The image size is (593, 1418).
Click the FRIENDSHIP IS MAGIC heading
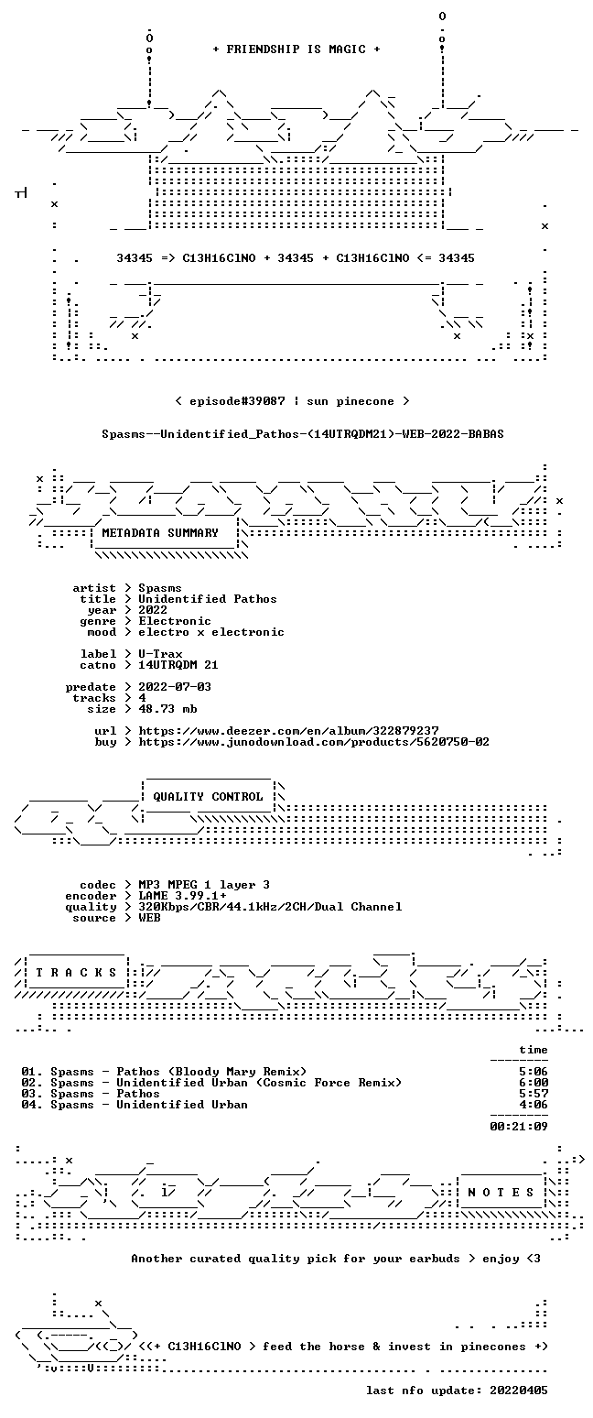(x=296, y=49)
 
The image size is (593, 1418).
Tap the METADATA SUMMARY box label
(x=160, y=533)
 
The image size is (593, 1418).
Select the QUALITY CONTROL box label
(x=208, y=797)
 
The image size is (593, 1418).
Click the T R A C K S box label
(x=77, y=972)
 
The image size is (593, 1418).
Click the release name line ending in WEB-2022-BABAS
(x=303, y=434)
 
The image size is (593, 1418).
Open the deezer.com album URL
(x=288, y=731)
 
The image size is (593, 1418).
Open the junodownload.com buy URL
(x=314, y=742)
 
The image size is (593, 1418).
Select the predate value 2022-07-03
(x=175, y=687)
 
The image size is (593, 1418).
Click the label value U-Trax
(x=160, y=654)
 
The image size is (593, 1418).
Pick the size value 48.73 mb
(x=167, y=709)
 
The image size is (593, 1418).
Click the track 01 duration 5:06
(x=533, y=1072)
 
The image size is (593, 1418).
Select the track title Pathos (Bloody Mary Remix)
(x=211, y=1072)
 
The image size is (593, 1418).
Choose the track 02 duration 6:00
(x=533, y=1083)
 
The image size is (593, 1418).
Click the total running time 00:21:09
(x=518, y=1126)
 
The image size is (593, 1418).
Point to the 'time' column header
(x=533, y=1050)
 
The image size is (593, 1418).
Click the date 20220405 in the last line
(x=518, y=1391)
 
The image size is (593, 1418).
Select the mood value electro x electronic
(x=211, y=632)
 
